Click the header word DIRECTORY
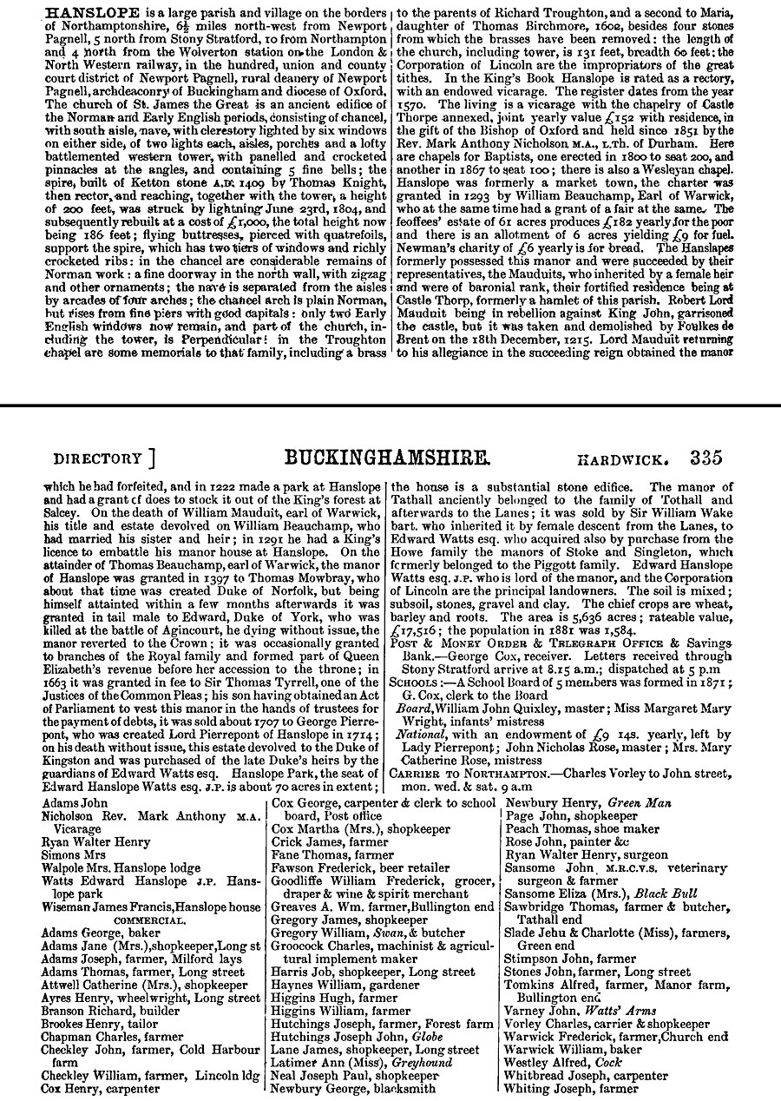[97, 458]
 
